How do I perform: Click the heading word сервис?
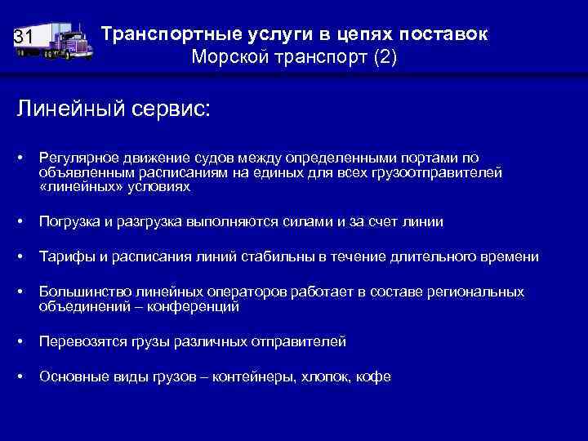169,109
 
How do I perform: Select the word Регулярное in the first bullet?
77,158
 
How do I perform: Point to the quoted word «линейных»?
75,187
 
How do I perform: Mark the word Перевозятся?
80,341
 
